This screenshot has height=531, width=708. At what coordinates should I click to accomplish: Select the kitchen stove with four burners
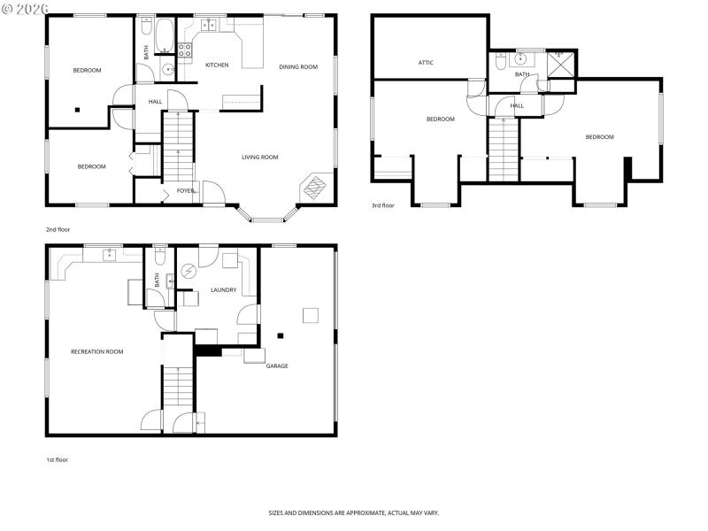tap(185, 50)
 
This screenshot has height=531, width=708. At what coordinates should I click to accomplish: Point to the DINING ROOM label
tap(298, 66)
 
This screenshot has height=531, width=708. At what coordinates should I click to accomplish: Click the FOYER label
tap(186, 190)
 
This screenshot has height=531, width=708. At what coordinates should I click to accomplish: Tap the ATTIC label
tap(426, 63)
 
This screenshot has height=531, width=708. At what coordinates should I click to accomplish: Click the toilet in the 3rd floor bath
tap(501, 62)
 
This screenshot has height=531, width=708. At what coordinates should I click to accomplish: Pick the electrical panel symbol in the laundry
tap(188, 272)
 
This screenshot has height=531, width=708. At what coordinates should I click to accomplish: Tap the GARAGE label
tap(277, 366)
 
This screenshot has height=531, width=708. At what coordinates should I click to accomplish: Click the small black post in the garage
tap(281, 335)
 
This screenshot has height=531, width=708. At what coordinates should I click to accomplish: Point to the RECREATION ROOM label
tap(96, 351)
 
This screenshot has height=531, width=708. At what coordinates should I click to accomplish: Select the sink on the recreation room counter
tap(109, 256)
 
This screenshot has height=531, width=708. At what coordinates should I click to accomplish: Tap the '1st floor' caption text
tap(57, 459)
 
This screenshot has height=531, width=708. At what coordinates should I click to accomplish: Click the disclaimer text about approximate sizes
tap(354, 512)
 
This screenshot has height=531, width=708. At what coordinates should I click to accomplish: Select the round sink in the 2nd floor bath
tap(166, 68)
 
